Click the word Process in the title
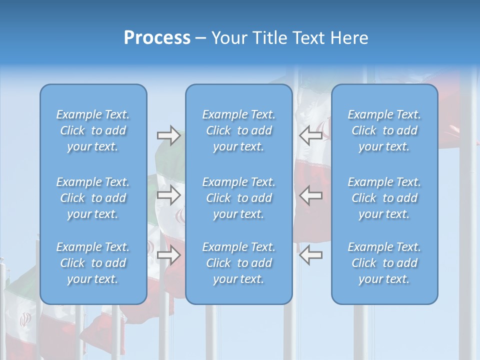pyautogui.click(x=157, y=38)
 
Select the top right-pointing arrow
pyautogui.click(x=168, y=135)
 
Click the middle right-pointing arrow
pyautogui.click(x=168, y=195)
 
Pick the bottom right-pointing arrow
pyautogui.click(x=168, y=255)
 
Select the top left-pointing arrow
pyautogui.click(x=310, y=135)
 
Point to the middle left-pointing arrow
pyautogui.click(x=310, y=195)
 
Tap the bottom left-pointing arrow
pyautogui.click(x=310, y=255)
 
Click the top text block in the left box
pyautogui.click(x=93, y=130)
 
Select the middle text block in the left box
pyautogui.click(x=93, y=198)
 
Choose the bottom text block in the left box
pyautogui.click(x=93, y=263)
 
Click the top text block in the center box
pyautogui.click(x=238, y=130)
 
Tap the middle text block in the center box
pyautogui.click(x=238, y=198)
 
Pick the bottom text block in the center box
pyautogui.click(x=238, y=263)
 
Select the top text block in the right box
pyautogui.click(x=384, y=130)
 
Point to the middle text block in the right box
pyautogui.click(x=384, y=198)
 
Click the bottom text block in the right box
pyautogui.click(x=384, y=263)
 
